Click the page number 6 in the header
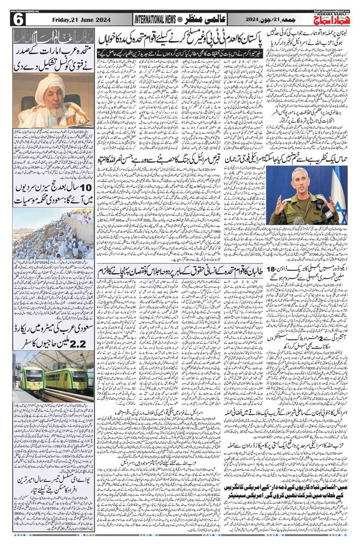click(x=18, y=19)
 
